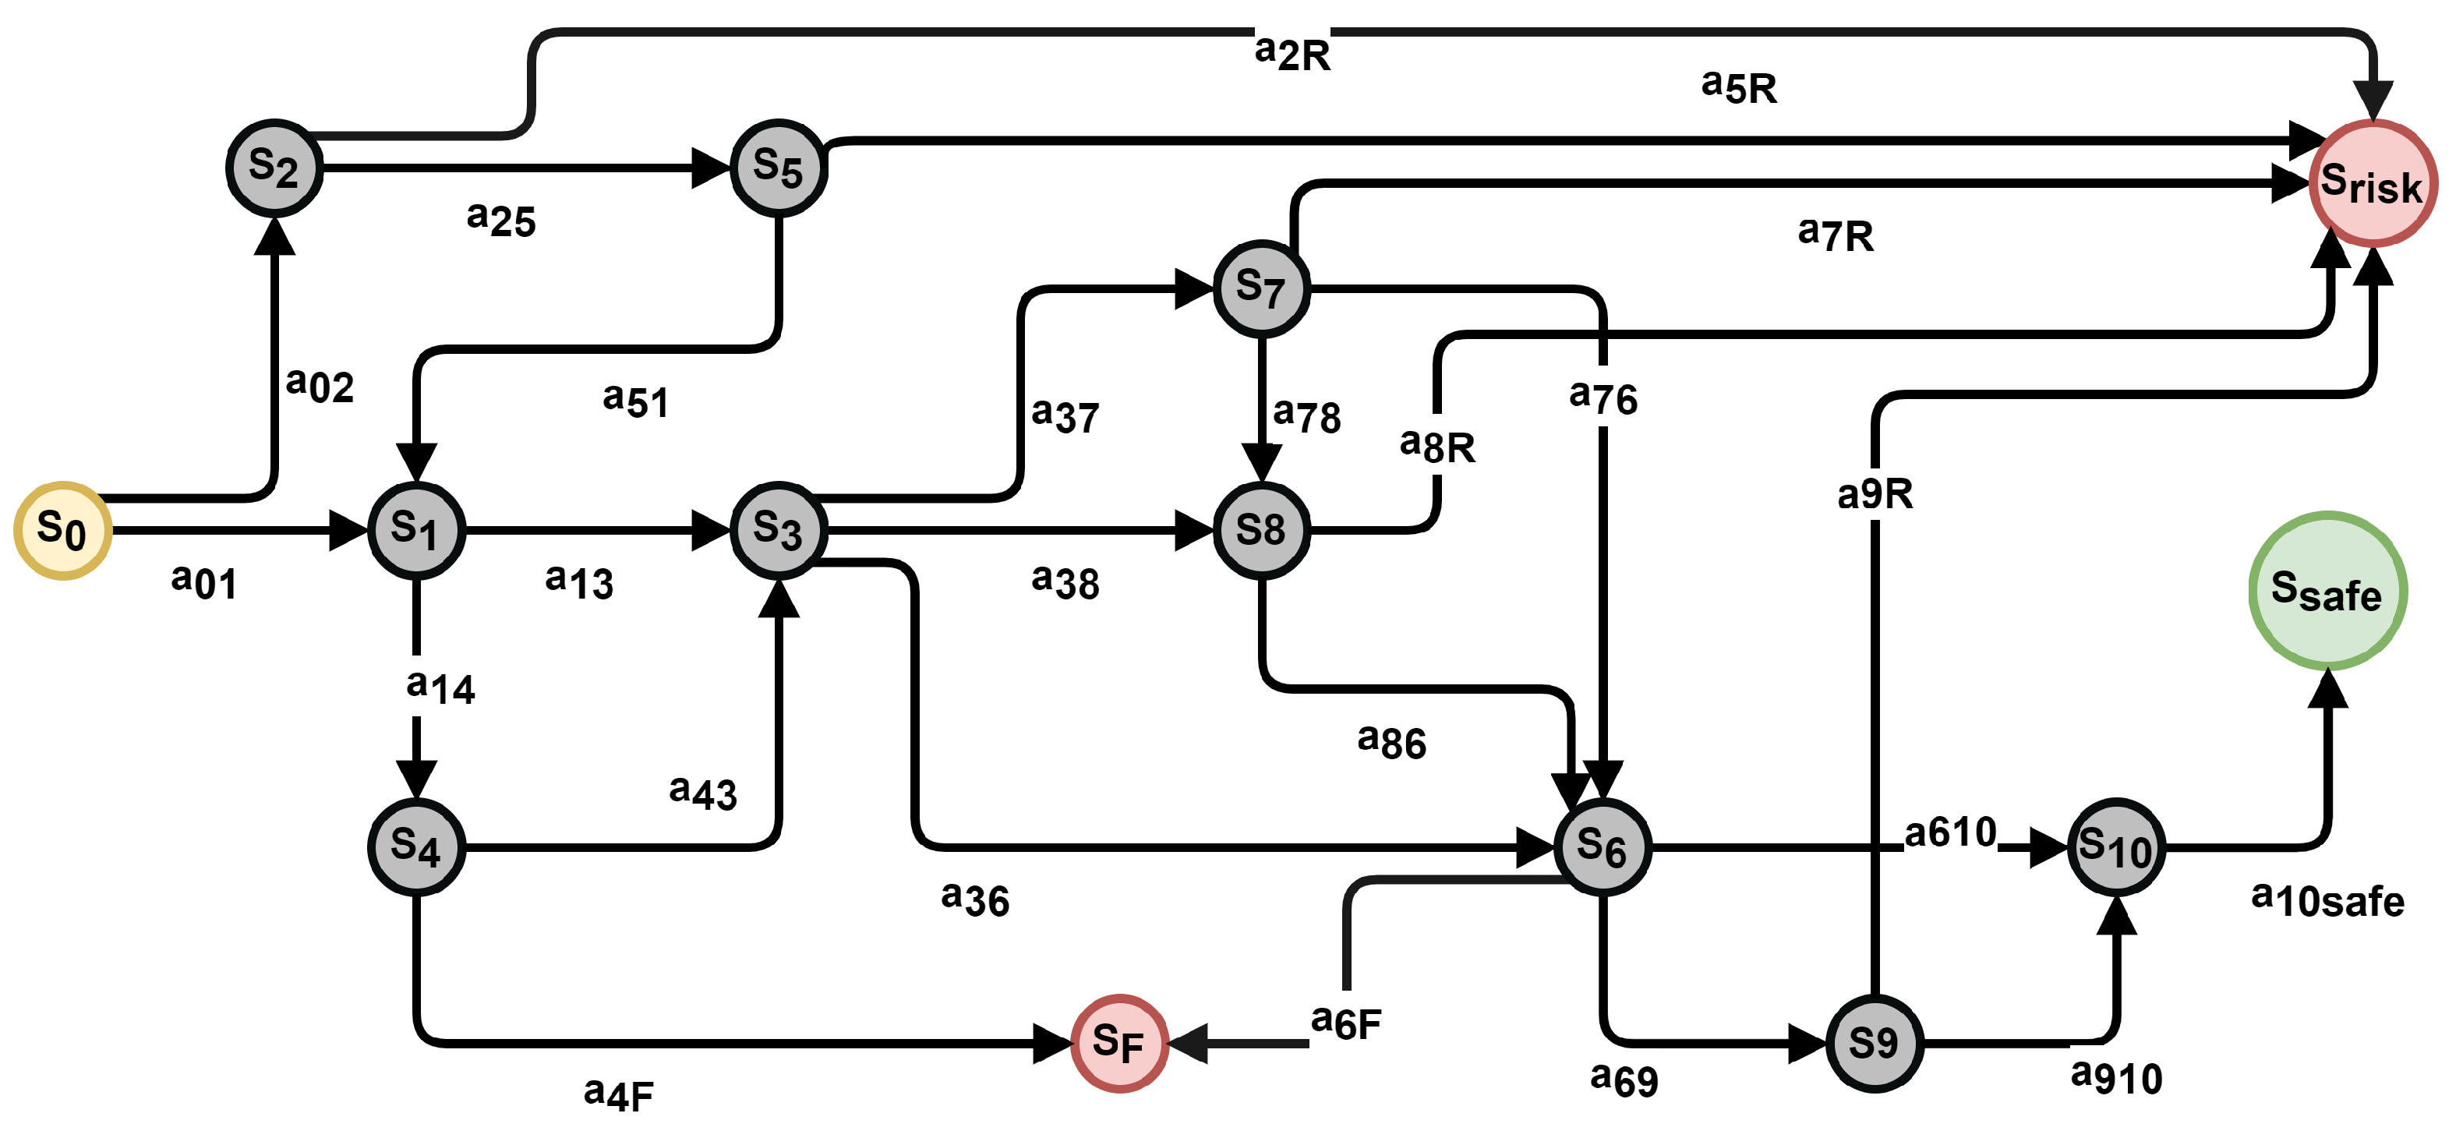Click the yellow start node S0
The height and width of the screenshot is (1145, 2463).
pyautogui.click(x=63, y=531)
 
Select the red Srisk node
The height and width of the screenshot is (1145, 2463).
pyautogui.click(x=2372, y=182)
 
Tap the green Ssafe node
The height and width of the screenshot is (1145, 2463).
pyautogui.click(x=2327, y=591)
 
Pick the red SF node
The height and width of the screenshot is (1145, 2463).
pyautogui.click(x=1118, y=1043)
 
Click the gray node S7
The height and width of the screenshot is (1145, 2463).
pyautogui.click(x=1261, y=288)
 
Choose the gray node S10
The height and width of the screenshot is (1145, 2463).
pyautogui.click(x=2116, y=846)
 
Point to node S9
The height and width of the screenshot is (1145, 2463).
pyautogui.click(x=1874, y=1043)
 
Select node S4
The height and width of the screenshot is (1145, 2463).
pyautogui.click(x=416, y=846)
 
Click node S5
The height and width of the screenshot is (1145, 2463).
pyautogui.click(x=779, y=168)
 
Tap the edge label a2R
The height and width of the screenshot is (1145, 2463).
pyautogui.click(x=1292, y=52)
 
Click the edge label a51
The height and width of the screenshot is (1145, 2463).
pyautogui.click(x=636, y=400)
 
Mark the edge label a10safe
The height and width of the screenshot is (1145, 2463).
pyautogui.click(x=2327, y=900)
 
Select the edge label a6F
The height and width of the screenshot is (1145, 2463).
pyautogui.click(x=1345, y=1023)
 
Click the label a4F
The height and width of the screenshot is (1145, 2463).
pyautogui.click(x=619, y=1094)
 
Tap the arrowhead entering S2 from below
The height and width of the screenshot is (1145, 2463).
pyautogui.click(x=274, y=235)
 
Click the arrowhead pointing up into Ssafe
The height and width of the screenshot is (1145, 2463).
pyautogui.click(x=2327, y=688)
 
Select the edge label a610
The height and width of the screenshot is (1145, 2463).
pyautogui.click(x=1950, y=832)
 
